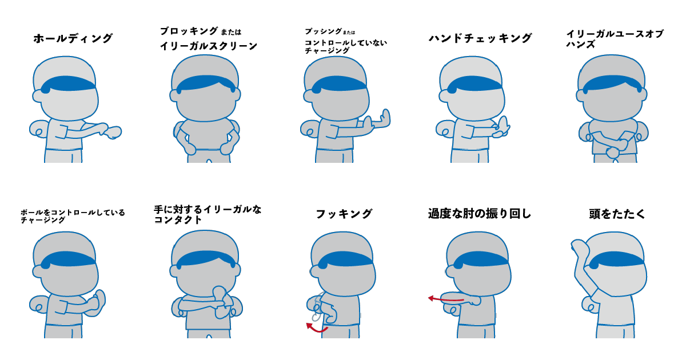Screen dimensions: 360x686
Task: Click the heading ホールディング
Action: [x=73, y=39]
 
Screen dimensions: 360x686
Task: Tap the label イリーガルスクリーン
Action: [x=209, y=46]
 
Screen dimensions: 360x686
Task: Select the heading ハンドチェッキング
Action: [x=480, y=38]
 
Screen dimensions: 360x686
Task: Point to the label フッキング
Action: [x=344, y=214]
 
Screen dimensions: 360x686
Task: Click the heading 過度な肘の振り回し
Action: [x=480, y=214]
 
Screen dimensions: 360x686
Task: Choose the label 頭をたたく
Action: [x=617, y=214]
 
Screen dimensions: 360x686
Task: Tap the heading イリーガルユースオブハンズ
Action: [x=615, y=39]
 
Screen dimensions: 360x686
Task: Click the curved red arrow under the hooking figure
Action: [x=317, y=328]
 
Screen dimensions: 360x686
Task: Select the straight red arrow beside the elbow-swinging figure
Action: [x=446, y=298]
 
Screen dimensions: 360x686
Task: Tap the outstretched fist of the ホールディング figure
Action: [x=113, y=132]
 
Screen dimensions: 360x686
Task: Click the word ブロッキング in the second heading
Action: [x=189, y=31]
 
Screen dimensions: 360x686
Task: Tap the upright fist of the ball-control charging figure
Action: [x=99, y=298]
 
